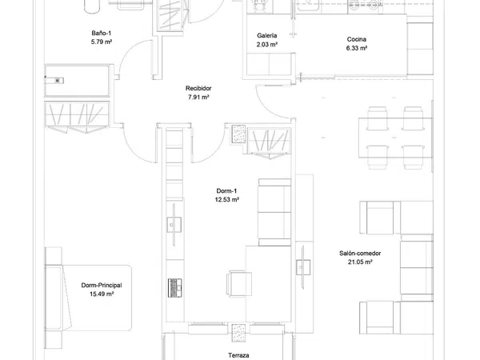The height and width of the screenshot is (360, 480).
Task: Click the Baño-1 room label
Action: pos(101,33)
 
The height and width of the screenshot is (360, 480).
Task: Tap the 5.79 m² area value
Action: pos(102,42)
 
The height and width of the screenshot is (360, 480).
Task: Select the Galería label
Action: pos(267,35)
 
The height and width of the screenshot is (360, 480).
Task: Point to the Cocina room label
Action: pos(357,39)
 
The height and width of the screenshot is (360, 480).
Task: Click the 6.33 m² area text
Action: pos(357,48)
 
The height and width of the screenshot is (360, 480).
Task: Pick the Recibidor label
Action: pos(198,88)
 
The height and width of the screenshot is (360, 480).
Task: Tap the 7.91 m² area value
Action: pos(198,97)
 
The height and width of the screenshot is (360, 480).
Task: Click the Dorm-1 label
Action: pos(226,191)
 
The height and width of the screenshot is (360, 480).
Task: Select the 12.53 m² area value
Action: pos(227,200)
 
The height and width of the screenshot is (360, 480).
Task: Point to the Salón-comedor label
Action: pos(360,253)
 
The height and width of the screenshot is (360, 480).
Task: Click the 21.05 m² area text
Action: pos(360,262)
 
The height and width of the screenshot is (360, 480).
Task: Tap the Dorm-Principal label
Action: pos(102,286)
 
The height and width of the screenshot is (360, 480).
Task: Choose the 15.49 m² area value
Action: pos(102,294)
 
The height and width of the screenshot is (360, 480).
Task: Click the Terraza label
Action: pos(238,355)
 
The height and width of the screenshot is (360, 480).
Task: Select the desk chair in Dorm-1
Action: pos(239,284)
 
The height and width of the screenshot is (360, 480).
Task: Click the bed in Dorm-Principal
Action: pos(89,298)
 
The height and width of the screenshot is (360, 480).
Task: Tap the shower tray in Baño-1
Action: pos(77,81)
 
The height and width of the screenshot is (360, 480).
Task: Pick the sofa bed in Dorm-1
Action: pos(274,212)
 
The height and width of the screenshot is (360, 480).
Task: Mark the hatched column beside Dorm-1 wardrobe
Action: pos(238,134)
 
